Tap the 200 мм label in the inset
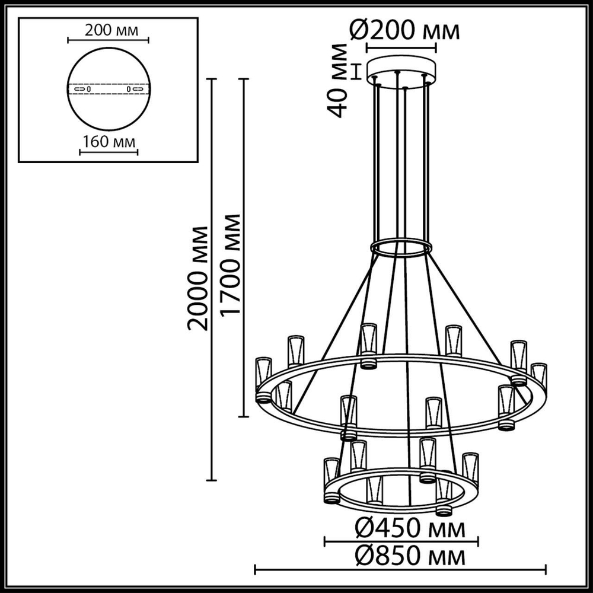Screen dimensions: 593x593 [107, 30]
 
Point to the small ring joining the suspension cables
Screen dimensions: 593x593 [401, 247]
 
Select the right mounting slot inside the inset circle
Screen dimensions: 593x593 [135, 89]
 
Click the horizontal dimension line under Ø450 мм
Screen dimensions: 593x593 [401, 540]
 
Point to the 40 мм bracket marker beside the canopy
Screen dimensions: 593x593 [356, 71]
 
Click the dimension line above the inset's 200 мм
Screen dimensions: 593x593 [108, 40]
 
